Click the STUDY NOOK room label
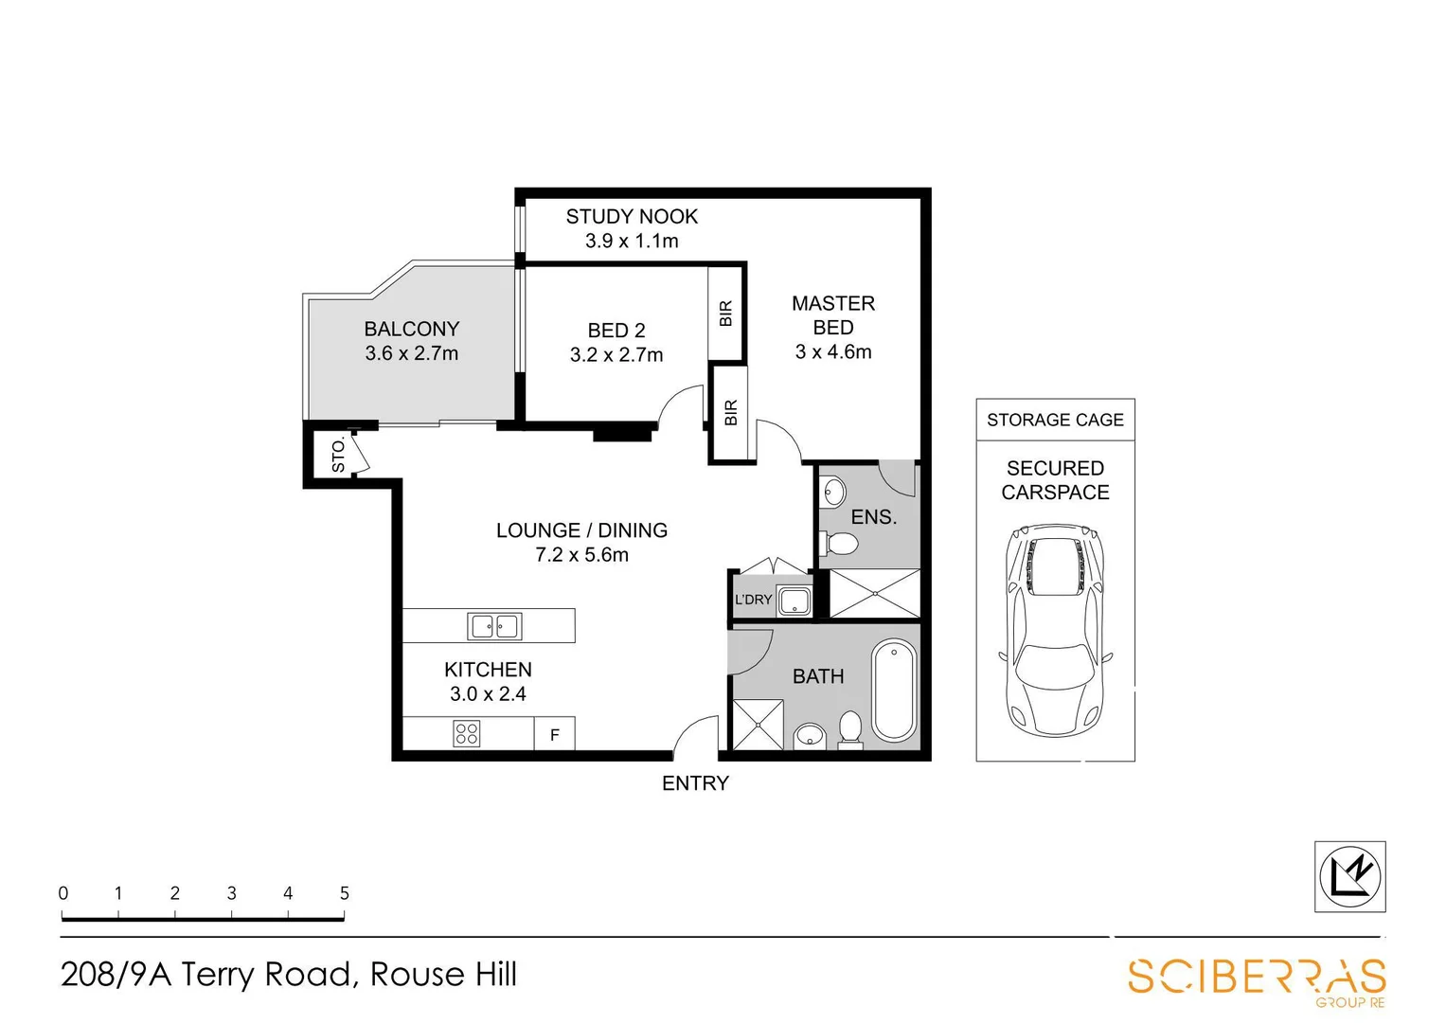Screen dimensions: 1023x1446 click(632, 217)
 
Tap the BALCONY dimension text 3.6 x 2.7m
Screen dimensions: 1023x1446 click(411, 354)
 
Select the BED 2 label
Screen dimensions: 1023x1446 click(616, 331)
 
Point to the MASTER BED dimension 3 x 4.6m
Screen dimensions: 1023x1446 click(833, 352)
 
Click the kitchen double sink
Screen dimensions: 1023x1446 click(494, 626)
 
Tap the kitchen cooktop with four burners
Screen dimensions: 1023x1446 click(466, 734)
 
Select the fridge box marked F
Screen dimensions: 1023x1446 click(555, 735)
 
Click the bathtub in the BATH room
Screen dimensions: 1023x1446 click(894, 691)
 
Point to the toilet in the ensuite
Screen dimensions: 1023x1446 click(839, 544)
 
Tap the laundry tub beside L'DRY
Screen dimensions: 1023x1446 click(794, 601)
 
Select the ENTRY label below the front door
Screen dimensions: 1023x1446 click(695, 783)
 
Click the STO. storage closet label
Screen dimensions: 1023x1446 click(338, 456)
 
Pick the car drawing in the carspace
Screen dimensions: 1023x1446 click(1055, 631)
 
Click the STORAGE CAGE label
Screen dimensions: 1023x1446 click(1055, 420)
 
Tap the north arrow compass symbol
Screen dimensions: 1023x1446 click(1350, 876)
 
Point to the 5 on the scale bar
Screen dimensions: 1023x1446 click(345, 893)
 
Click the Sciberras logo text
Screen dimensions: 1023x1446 click(1257, 977)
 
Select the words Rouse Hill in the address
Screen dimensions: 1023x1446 click(443, 974)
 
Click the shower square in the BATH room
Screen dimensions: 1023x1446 click(758, 725)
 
